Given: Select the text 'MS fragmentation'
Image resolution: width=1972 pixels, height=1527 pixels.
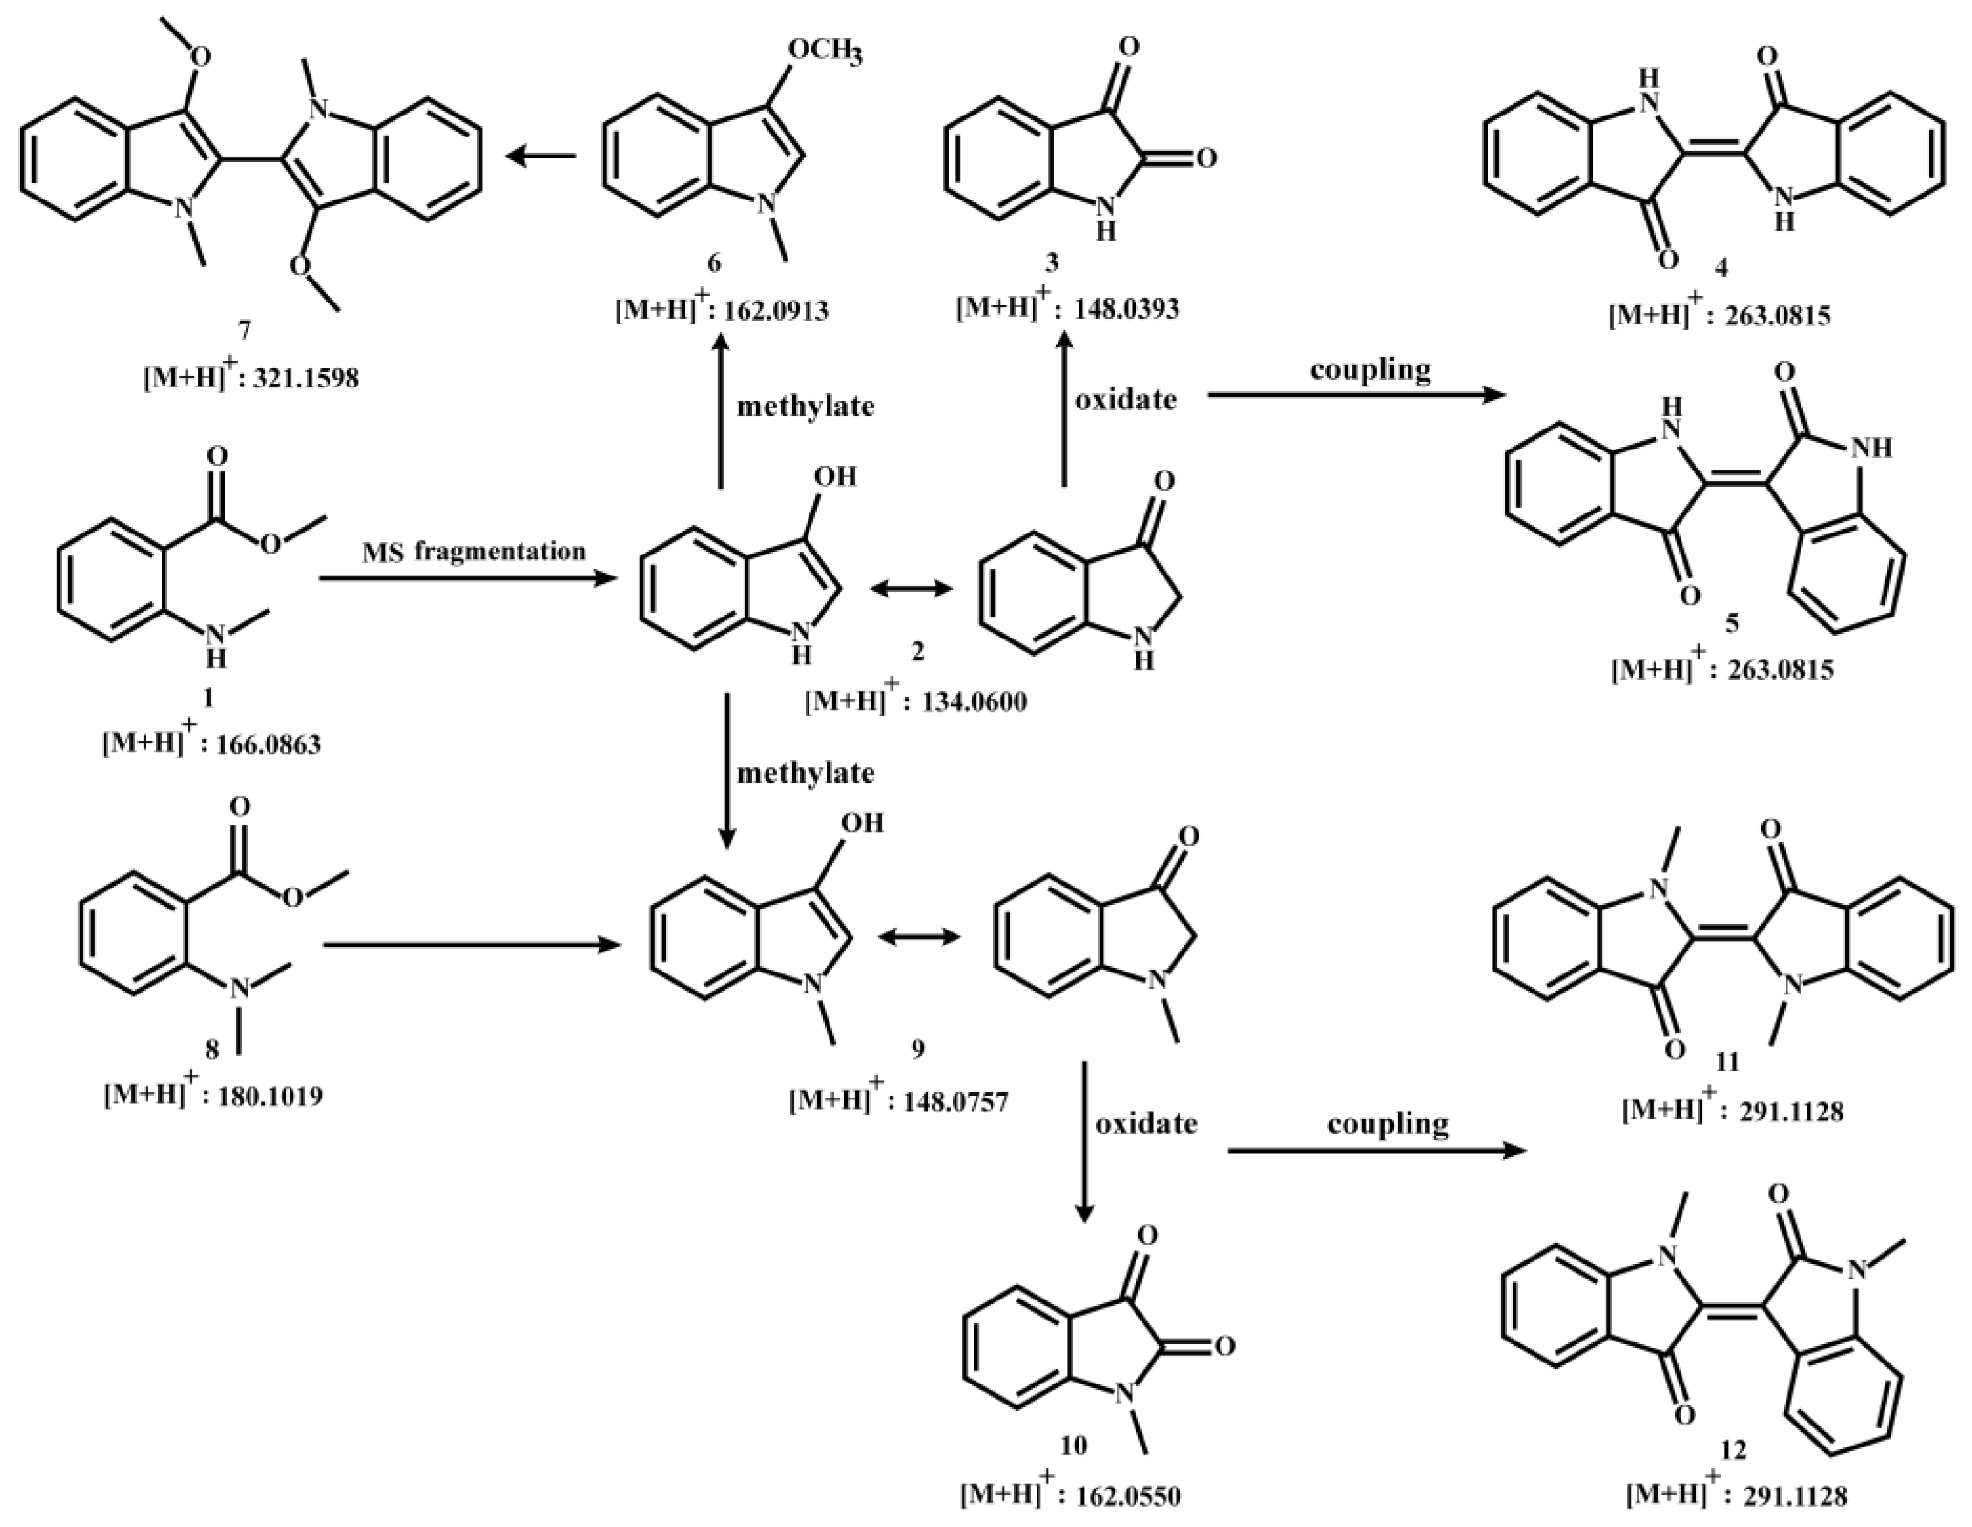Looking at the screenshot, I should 474,551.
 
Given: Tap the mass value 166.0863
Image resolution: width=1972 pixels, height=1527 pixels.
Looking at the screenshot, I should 267,745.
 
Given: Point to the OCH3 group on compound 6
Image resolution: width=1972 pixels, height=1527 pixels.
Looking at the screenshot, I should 825,52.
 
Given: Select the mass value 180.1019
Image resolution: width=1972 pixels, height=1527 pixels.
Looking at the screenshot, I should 269,1097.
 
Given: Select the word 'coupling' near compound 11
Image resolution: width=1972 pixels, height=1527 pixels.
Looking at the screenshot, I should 1388,1124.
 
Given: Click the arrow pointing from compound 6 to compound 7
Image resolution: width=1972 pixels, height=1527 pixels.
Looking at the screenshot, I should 541,157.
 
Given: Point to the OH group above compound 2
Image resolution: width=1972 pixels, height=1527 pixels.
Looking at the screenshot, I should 836,476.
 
